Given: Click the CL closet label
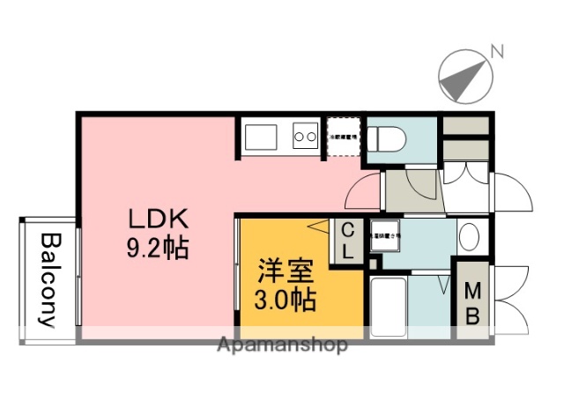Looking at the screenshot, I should (347, 241).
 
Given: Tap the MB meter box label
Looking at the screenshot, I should (472, 302).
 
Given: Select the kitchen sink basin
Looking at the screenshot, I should (262, 137).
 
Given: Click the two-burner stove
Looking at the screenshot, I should (305, 137).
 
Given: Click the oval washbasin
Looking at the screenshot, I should (470, 236).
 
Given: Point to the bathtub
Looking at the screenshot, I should (388, 308).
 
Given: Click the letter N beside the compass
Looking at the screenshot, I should (498, 52).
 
